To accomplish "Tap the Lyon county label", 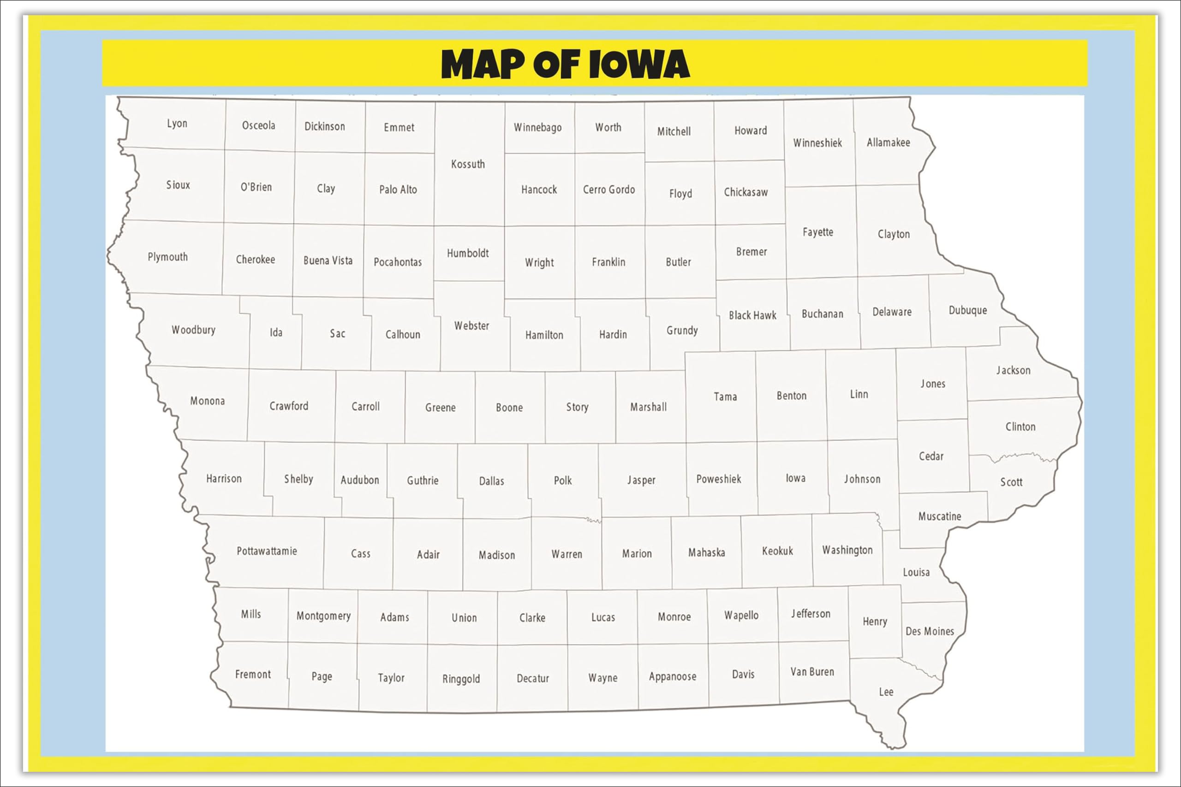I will pos(177,124).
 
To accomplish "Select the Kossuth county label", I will pos(467,164).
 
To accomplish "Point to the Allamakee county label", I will pos(888,142).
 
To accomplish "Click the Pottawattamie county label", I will pos(267,551).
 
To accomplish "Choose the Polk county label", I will pos(562,480).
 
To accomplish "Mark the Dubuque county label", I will pos(967,310).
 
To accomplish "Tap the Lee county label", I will pos(886,692).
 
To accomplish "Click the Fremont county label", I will pos(252,674).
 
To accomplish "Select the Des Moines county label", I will pos(930,631).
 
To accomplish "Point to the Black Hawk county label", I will pos(752,315).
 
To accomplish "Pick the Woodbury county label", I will pos(193,330).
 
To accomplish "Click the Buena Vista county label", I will pos(328,260).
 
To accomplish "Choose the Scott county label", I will pos(1011,482).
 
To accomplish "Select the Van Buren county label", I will pos(812,672).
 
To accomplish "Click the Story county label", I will pos(577,407).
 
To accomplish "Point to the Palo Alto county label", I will pos(398,189).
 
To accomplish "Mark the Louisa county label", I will pos(916,572).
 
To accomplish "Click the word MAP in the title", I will pos(482,64).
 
